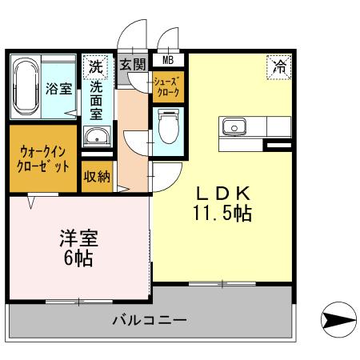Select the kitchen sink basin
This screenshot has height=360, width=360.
234,126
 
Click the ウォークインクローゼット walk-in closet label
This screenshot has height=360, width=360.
43,158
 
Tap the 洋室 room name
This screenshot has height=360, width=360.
78,238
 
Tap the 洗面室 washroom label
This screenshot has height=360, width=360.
96,102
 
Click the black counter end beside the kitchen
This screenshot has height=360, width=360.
279,145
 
